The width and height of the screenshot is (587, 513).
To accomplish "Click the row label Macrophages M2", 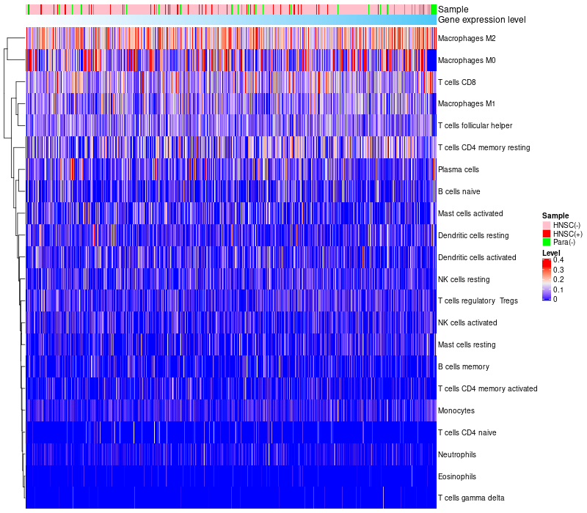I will coord(467,38).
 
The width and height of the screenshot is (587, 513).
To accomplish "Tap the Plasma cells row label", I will coord(459,169).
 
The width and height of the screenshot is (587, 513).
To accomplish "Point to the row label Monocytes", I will coord(456,410).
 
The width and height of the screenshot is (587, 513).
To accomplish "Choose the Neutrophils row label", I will coord(457,454).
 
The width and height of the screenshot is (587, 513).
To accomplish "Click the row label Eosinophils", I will coord(457,476).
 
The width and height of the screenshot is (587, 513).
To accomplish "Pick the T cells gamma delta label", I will coord(471,498).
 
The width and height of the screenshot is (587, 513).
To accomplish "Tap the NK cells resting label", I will coord(464,279).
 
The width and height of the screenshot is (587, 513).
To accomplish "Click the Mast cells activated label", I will coord(470,213).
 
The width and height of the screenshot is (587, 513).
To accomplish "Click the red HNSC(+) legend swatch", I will coord(546,233).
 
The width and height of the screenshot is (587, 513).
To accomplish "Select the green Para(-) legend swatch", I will coord(546,242).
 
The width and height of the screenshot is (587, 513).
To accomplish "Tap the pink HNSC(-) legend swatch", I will coord(546,224).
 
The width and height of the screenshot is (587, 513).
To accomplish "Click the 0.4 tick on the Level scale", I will coord(558,260).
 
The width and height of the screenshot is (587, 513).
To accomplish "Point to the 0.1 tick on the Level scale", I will coord(558,289).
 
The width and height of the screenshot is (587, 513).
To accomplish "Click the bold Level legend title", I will coord(551,252).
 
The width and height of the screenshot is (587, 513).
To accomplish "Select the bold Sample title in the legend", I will coord(555,215).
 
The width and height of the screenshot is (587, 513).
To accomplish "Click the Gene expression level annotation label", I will coord(481,20).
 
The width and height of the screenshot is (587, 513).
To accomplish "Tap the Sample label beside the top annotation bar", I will coord(453,9).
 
